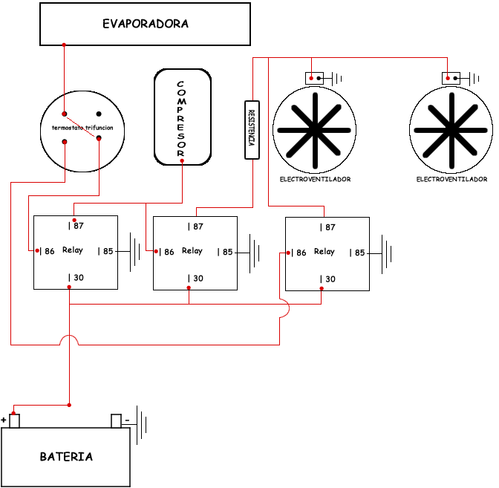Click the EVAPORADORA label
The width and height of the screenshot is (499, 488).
click(146, 24)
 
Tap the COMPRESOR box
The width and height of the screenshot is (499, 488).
click(182, 117)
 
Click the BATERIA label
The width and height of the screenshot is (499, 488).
click(67, 457)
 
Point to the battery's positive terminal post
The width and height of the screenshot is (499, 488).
click(14, 421)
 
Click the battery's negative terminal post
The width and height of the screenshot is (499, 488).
click(116, 421)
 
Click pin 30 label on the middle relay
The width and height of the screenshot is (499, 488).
click(195, 279)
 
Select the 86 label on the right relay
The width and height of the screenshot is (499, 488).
click(299, 253)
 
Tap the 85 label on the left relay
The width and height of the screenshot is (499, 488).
click(106, 251)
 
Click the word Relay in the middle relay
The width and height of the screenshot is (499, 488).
click(192, 251)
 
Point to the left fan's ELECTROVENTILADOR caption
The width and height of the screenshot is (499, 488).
click(315, 179)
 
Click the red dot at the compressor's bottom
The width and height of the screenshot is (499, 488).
click(182, 160)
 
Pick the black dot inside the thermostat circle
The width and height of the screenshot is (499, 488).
click(98, 114)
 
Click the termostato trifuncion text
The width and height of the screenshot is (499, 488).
click(82, 128)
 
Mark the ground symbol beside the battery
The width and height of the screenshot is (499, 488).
click(141, 428)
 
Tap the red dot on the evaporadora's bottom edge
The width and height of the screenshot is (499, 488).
click(64, 45)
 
